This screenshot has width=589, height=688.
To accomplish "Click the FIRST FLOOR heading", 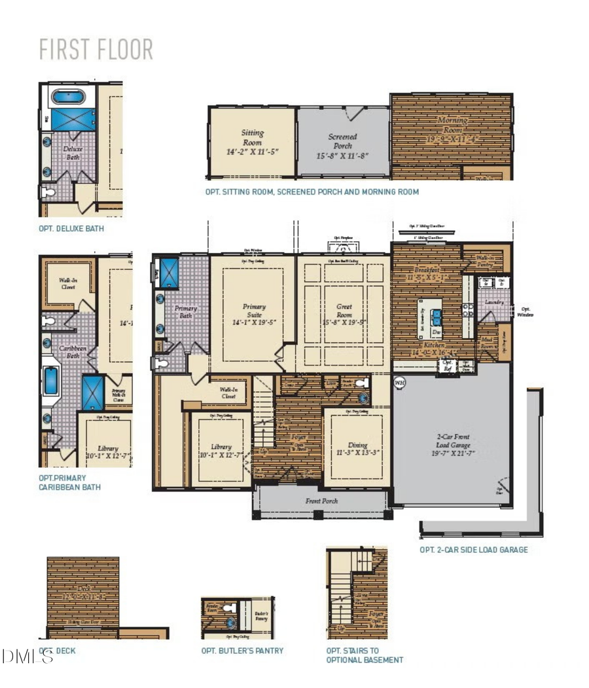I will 96,50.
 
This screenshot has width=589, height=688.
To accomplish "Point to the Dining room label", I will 358,448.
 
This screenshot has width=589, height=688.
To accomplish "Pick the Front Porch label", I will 321,501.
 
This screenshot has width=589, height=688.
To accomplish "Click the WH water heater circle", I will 400,381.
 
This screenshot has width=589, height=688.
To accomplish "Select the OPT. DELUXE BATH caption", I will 71,229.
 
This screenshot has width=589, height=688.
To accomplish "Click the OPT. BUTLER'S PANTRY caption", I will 242,651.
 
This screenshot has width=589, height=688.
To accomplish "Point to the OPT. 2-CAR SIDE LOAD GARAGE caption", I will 473,550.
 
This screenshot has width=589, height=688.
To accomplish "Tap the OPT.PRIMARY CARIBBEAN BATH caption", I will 70,483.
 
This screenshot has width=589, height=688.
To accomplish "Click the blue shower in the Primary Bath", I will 170,271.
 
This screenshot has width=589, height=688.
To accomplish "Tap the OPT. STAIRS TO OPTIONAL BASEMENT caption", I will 364,655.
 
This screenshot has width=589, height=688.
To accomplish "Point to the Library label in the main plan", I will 222,451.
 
